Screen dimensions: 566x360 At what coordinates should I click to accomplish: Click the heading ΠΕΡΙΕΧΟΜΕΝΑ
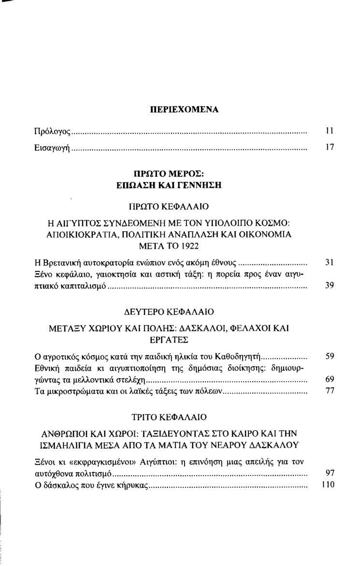184,110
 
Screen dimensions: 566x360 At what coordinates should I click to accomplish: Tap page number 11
330,130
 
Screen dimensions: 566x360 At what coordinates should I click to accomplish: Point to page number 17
330,148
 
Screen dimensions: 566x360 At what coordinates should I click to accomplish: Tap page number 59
330,357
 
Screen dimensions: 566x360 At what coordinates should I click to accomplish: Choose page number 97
330,473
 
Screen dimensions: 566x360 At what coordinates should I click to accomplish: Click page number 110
328,484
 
